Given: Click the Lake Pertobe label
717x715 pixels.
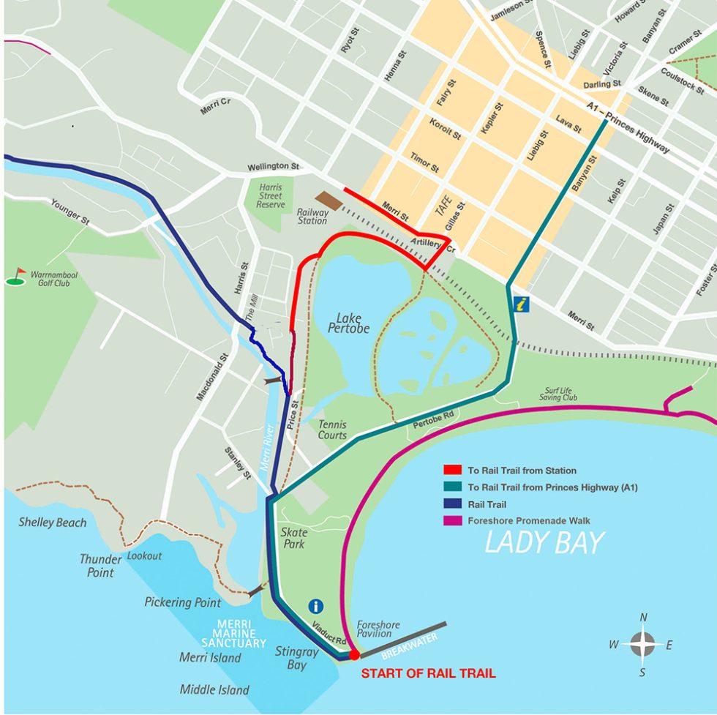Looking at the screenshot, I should (x=353, y=323).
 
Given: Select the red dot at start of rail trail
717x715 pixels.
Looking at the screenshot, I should (x=353, y=654).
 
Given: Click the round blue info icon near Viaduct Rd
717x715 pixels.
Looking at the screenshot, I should (x=316, y=606).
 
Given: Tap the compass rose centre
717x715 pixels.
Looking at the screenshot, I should (x=642, y=645).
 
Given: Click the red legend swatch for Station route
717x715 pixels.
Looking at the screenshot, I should (x=452, y=471).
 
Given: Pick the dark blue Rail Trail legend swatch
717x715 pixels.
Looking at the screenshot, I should (x=452, y=504).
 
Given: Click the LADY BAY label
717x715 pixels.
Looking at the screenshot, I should (x=545, y=543).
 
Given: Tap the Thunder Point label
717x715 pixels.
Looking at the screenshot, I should (x=101, y=565).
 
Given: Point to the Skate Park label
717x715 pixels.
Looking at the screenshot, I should (x=294, y=538).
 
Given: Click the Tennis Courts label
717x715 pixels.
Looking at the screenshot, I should (x=332, y=430).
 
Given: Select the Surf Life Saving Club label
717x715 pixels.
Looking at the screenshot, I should (x=561, y=394).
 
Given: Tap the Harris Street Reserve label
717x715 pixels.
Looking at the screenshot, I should (x=270, y=195).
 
